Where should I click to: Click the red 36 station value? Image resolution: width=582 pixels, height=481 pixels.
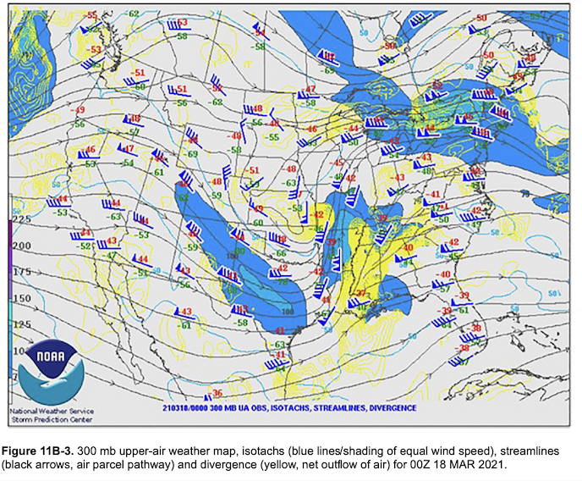click(217, 393)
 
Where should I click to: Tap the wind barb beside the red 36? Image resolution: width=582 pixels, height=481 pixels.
click(206, 397)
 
